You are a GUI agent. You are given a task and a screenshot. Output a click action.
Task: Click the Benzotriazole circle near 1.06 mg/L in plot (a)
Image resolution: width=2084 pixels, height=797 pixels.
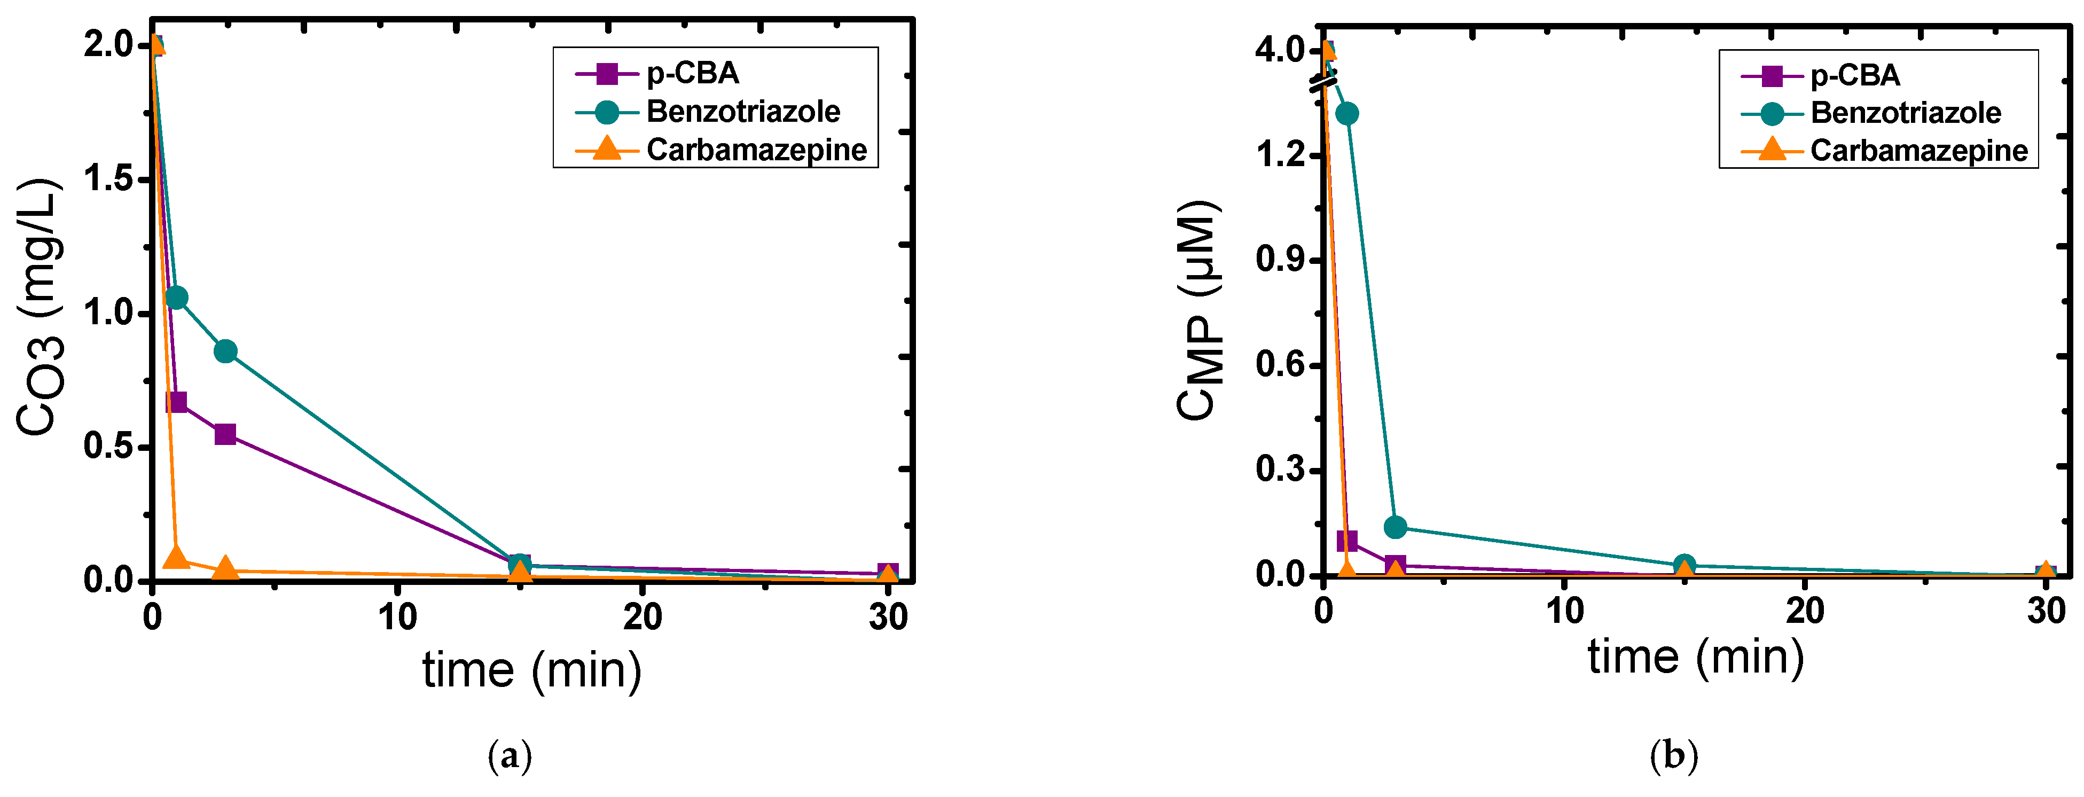[x=176, y=298]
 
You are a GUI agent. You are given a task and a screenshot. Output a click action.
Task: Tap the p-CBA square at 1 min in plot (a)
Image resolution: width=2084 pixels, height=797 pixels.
[x=176, y=402]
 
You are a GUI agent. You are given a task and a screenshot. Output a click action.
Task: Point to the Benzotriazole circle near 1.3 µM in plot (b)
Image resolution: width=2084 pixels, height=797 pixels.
[x=1346, y=113]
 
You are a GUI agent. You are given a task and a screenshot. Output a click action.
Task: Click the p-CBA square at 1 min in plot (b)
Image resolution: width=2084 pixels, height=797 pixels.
[x=1346, y=541]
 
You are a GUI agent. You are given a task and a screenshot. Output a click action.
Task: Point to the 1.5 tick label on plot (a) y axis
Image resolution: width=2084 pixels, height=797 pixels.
[x=108, y=179]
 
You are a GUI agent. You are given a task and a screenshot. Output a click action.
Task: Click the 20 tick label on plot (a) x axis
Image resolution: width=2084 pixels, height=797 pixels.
[x=643, y=618]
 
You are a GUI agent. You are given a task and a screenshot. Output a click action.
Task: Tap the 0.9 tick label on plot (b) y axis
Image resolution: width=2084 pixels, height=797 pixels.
[x=1281, y=260]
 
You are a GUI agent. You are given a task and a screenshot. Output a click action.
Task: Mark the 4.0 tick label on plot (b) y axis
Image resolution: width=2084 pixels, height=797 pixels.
[x=1281, y=51]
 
